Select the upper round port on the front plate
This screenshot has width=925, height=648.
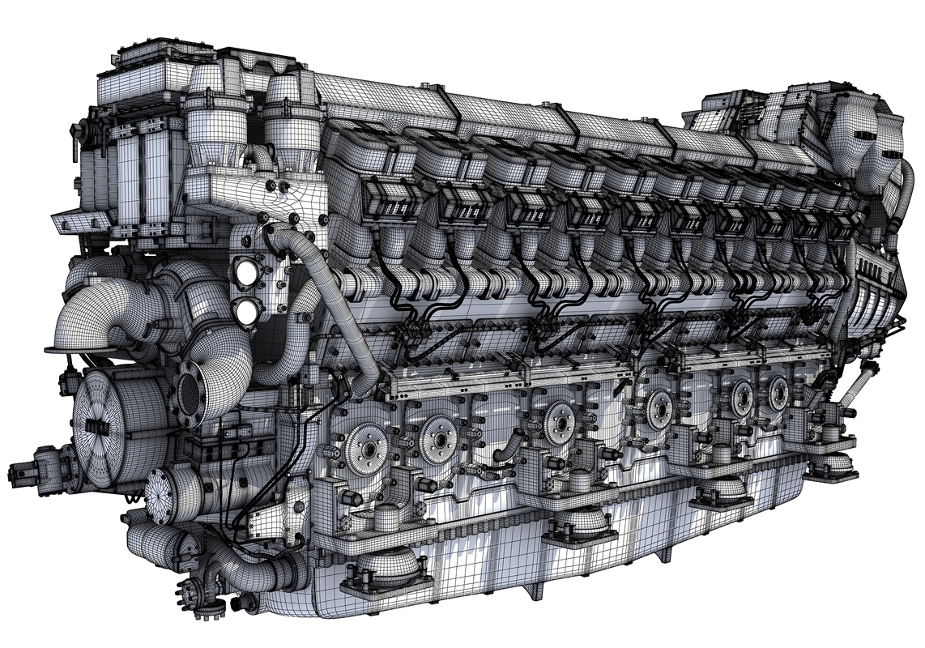click(x=246, y=274)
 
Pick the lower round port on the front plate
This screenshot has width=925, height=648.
click(x=246, y=310)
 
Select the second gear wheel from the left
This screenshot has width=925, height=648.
click(x=439, y=438)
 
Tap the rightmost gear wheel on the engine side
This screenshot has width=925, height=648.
click(x=778, y=393)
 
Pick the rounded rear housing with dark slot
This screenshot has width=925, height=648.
click(x=859, y=138)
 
